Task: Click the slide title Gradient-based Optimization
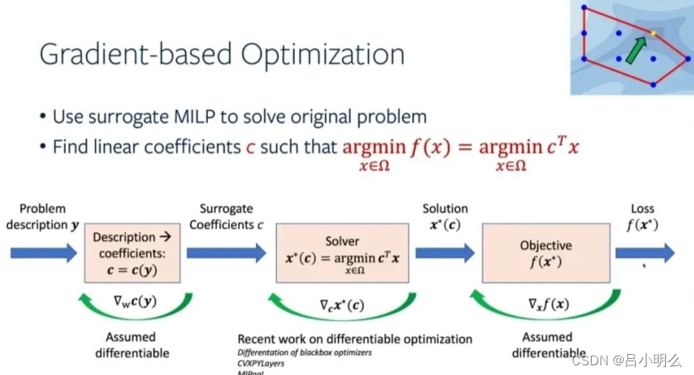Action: [x=221, y=55]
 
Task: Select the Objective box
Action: [x=546, y=252]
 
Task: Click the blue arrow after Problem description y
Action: [x=44, y=252]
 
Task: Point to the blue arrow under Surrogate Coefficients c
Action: [x=226, y=252]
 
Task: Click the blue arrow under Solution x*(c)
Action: [x=444, y=252]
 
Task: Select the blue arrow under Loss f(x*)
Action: [x=645, y=252]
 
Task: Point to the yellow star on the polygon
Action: [x=653, y=34]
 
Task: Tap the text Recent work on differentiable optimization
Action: [x=355, y=339]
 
